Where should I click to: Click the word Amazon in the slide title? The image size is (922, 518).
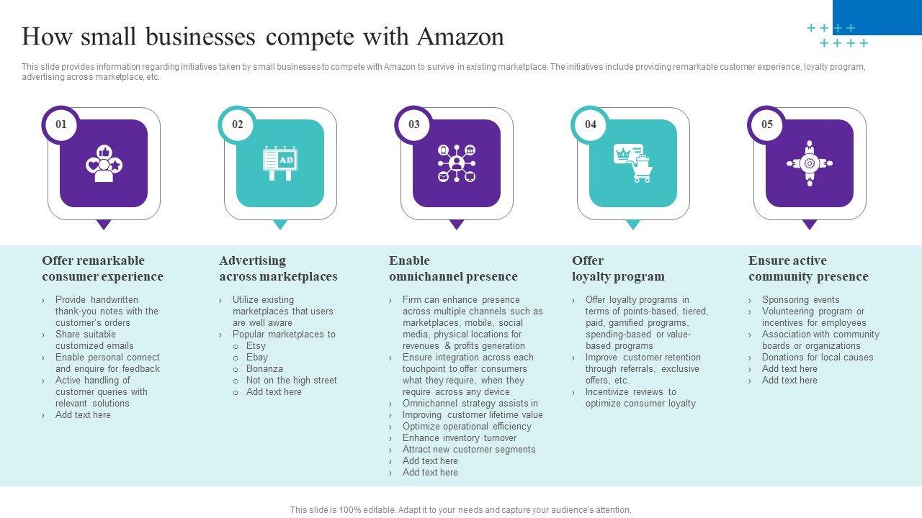[x=460, y=36]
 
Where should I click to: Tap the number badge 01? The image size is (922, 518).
[x=61, y=124]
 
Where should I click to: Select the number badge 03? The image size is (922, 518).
[x=414, y=124]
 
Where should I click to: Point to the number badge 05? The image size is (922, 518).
[x=767, y=124]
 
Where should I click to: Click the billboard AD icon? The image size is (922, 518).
[x=280, y=163]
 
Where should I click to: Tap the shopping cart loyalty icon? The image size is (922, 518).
[x=632, y=163]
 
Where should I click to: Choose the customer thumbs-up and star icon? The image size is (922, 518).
[x=104, y=163]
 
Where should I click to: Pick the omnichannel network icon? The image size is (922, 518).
[x=457, y=163]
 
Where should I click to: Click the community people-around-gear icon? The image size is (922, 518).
[x=809, y=163]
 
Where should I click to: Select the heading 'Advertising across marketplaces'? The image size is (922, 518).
[x=278, y=268]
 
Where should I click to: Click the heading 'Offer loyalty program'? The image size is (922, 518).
[x=618, y=268]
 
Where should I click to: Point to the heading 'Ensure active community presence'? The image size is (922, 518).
[x=808, y=268]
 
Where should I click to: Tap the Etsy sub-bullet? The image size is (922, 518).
[x=256, y=346]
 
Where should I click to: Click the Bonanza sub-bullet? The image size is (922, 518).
[x=264, y=369]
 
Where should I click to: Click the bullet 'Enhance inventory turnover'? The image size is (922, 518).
[x=460, y=438]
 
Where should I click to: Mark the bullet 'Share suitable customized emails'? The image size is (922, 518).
[x=94, y=340]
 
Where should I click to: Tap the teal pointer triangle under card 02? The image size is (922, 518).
[x=280, y=224]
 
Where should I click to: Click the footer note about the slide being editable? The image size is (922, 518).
[x=461, y=510]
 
